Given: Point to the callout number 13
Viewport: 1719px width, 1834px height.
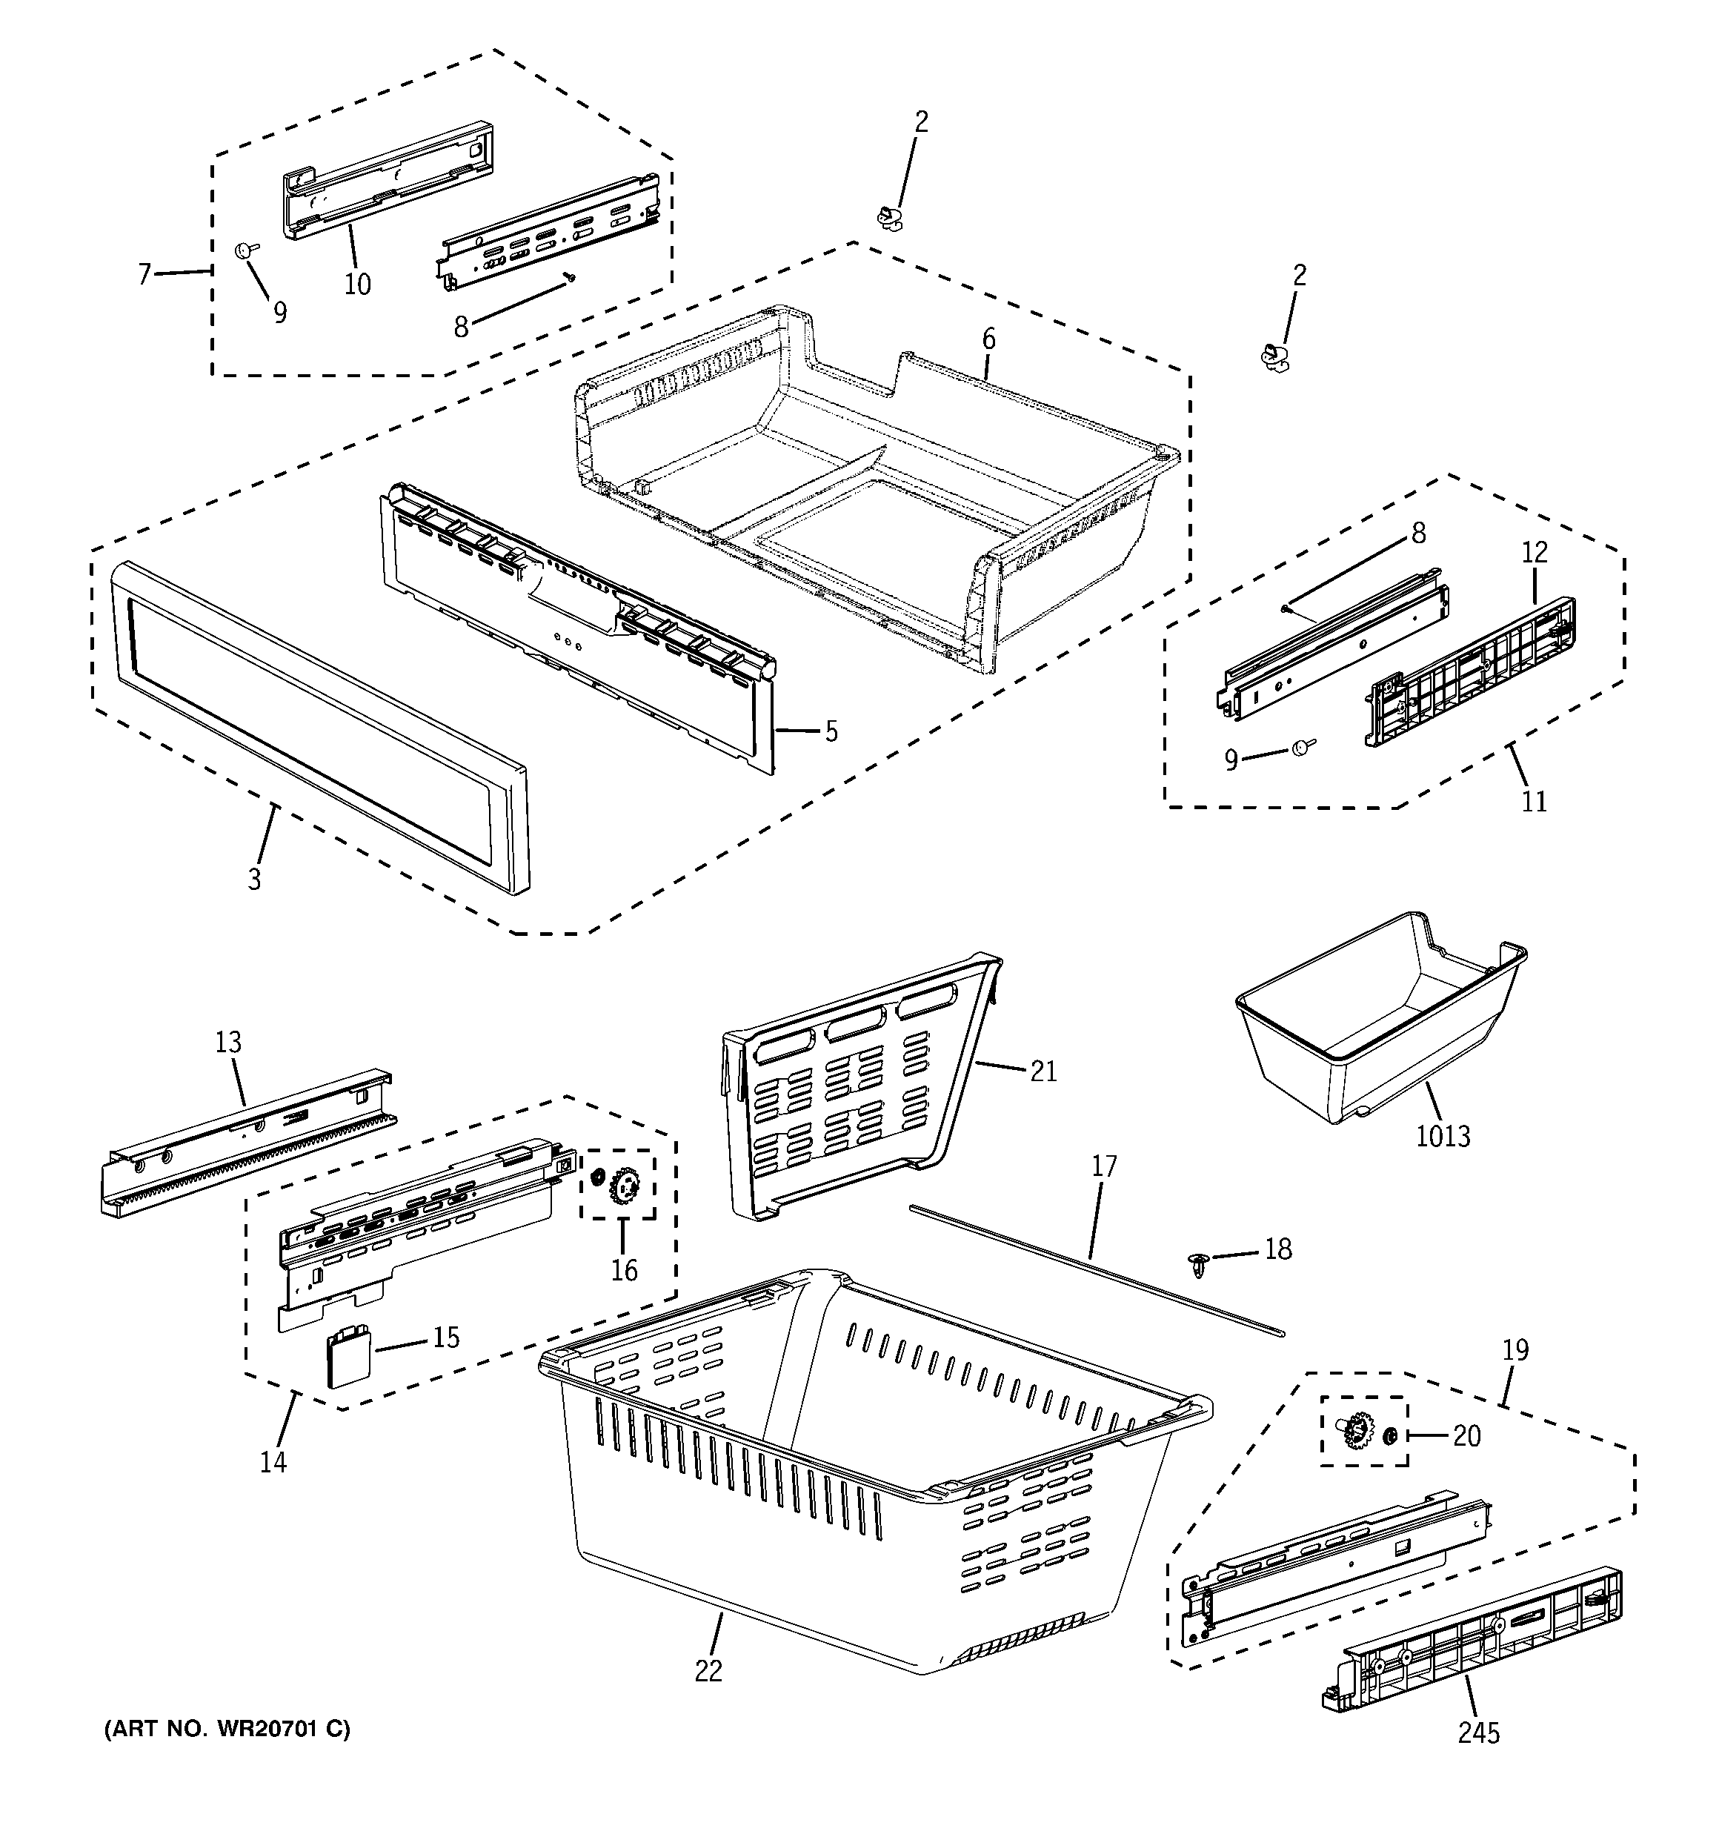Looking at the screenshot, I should tap(228, 1043).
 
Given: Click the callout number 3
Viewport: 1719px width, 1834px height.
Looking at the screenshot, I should tap(255, 878).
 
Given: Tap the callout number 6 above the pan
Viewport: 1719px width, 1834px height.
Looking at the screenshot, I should tap(988, 339).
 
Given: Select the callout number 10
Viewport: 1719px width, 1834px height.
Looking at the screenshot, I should tap(357, 284).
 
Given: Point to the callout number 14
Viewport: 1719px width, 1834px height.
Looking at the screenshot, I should tap(273, 1461).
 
